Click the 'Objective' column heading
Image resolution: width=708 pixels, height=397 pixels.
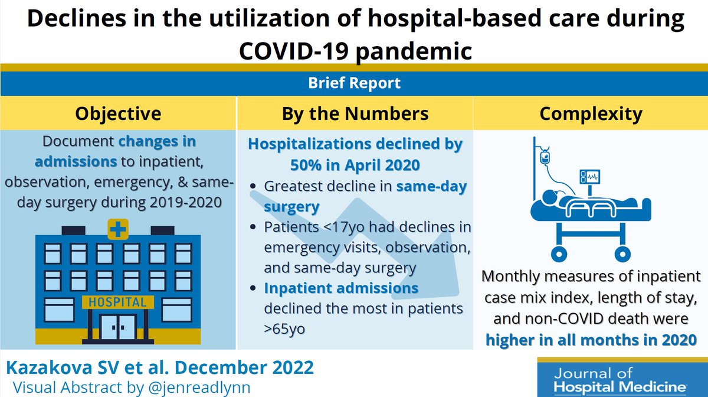coord(118,113)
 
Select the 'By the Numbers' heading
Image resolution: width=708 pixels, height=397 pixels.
coord(355,113)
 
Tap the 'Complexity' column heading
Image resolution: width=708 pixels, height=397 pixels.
coord(591,113)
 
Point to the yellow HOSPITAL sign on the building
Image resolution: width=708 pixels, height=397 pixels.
coord(118,302)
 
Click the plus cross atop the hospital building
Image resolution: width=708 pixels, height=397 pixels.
coord(118,229)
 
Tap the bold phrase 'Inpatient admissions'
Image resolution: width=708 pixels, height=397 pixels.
coord(341,288)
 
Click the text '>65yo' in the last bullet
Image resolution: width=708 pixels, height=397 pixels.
coord(284,329)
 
